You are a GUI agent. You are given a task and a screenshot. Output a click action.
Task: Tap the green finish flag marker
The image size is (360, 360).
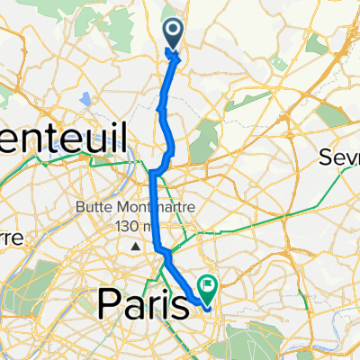(208, 289)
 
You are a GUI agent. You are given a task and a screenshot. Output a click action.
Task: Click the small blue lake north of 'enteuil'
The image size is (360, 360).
(85, 98)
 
